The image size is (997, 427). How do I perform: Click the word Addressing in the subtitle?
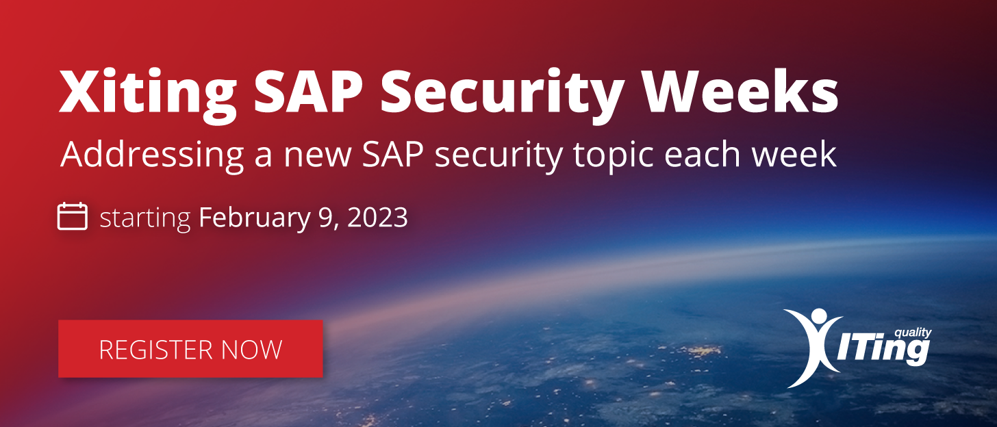tap(152, 156)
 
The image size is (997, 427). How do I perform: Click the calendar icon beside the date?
tap(73, 216)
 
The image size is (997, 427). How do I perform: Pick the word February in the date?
tap(254, 218)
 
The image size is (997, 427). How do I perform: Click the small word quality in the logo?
tap(913, 333)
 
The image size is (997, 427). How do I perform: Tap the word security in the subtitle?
tap(498, 157)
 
